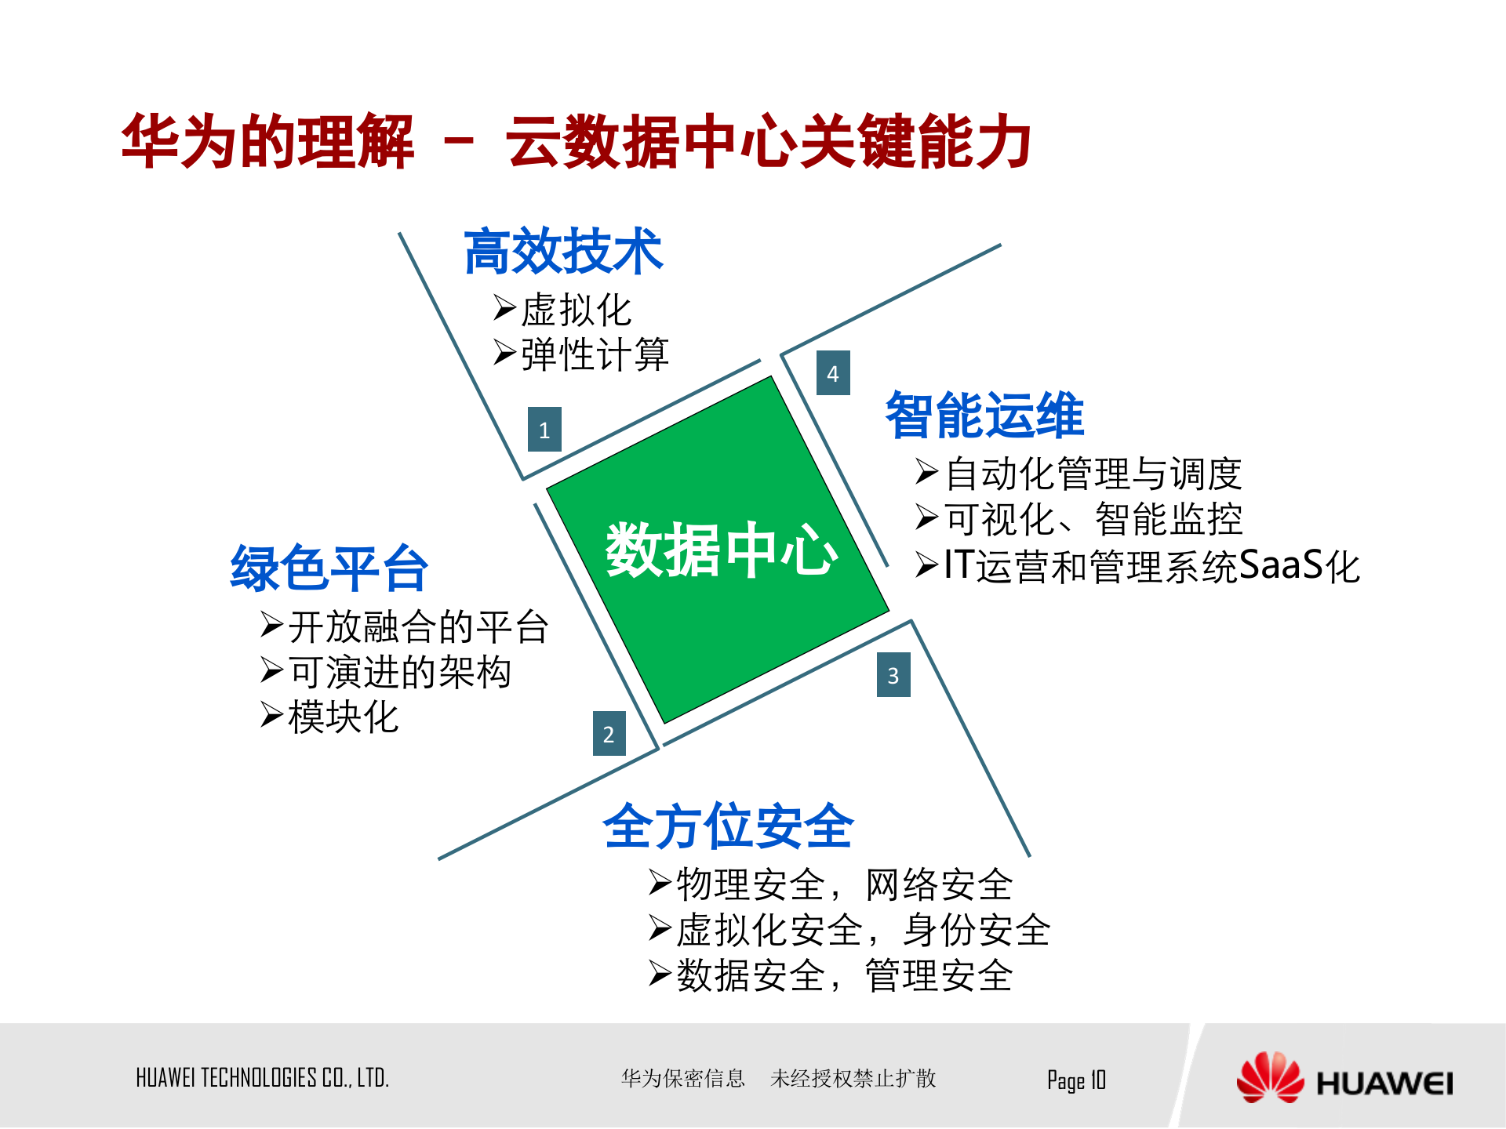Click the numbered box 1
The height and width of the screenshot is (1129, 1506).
pyautogui.click(x=544, y=430)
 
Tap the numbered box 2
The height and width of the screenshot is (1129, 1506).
pyautogui.click(x=609, y=734)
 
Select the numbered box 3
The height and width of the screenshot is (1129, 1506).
pyautogui.click(x=893, y=675)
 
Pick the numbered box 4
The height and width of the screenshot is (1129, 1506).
pyautogui.click(x=833, y=373)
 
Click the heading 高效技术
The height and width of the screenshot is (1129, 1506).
pyautogui.click(x=563, y=252)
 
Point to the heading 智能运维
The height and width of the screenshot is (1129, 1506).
pyautogui.click(x=984, y=415)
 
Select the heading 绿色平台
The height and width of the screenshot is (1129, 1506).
pyautogui.click(x=329, y=568)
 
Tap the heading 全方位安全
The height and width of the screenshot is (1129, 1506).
pyautogui.click(x=728, y=826)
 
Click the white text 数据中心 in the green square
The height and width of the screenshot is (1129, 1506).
pyautogui.click(x=721, y=550)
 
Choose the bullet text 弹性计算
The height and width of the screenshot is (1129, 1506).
pyautogui.click(x=595, y=354)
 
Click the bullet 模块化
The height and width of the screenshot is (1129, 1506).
pyautogui.click(x=344, y=717)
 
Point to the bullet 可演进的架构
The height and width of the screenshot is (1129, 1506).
pyautogui.click(x=400, y=672)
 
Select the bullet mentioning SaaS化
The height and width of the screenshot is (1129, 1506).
pyautogui.click(x=1151, y=565)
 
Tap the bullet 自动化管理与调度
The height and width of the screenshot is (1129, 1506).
pyautogui.click(x=1093, y=474)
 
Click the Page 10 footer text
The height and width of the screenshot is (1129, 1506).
pyautogui.click(x=1076, y=1080)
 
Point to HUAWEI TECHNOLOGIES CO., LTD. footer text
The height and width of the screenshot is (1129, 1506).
pyautogui.click(x=263, y=1078)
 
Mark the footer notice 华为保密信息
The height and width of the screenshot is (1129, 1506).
pyautogui.click(x=682, y=1079)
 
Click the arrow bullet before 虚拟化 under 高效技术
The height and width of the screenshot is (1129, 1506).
pyautogui.click(x=504, y=308)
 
